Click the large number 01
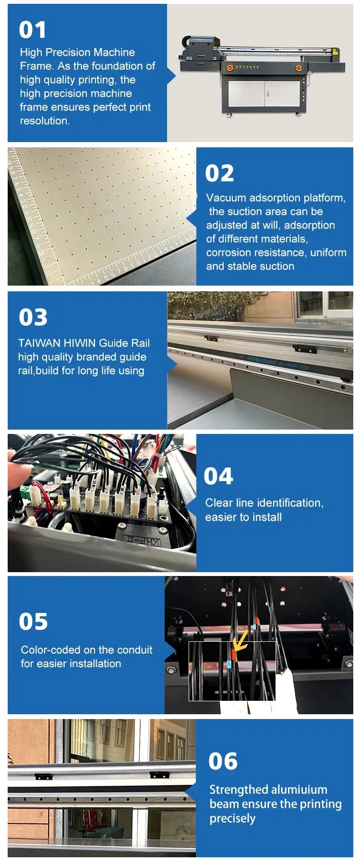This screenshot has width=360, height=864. point(33,30)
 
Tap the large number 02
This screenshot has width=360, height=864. point(219,173)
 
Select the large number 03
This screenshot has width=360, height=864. point(33,317)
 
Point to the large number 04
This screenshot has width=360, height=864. point(218,476)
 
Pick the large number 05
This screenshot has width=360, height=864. point(33,622)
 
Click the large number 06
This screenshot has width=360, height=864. point(223,761)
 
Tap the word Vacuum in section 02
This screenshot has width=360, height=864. point(226,198)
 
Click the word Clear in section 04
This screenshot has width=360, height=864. point(219,503)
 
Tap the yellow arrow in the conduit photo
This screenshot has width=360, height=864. point(240,641)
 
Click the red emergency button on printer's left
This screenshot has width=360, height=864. point(230,68)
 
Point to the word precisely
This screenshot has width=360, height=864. point(232,818)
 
